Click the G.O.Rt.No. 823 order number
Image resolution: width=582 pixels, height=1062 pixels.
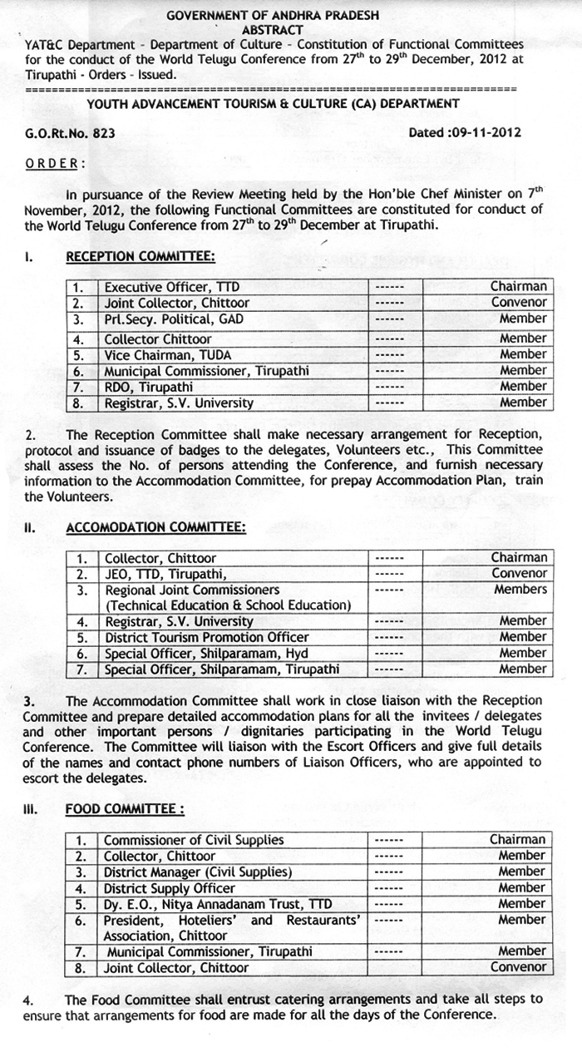tap(70, 133)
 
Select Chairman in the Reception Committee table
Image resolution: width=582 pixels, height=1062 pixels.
tap(518, 287)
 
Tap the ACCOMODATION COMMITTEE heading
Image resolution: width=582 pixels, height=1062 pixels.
tap(155, 527)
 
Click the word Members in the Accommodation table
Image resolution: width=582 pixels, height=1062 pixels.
tap(520, 590)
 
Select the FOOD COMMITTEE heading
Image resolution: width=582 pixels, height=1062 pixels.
tap(124, 809)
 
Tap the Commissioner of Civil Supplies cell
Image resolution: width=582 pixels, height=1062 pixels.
tap(194, 840)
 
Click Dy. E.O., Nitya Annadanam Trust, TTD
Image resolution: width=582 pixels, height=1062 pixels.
tap(217, 903)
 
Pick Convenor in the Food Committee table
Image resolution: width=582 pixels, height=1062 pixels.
tap(519, 967)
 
